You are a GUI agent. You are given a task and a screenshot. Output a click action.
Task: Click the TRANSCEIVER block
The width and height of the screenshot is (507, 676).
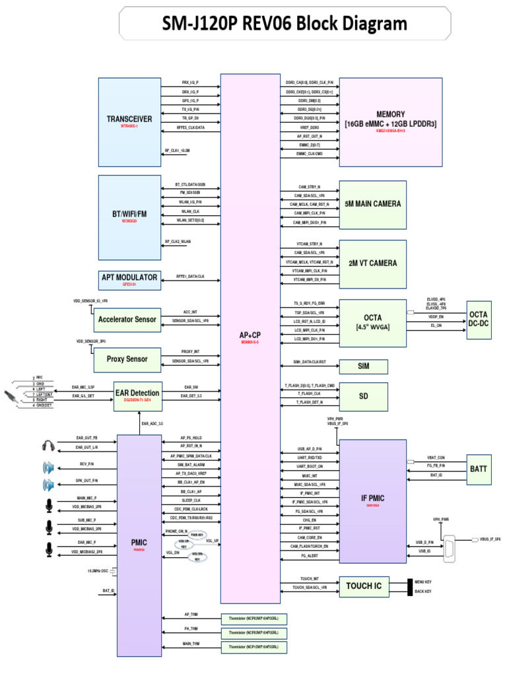(x=129, y=121)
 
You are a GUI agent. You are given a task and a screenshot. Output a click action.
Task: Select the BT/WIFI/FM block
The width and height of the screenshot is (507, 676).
(x=129, y=215)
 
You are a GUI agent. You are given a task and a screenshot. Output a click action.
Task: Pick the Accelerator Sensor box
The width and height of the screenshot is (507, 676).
(x=127, y=320)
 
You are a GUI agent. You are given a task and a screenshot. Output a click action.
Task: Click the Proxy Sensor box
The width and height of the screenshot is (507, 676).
(x=127, y=360)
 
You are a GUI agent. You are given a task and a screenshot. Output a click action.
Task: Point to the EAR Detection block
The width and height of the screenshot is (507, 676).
(x=137, y=395)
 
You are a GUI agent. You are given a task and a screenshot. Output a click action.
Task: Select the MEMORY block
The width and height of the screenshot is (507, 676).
(x=391, y=121)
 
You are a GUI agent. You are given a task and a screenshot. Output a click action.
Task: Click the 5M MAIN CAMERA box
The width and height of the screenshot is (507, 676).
(x=372, y=204)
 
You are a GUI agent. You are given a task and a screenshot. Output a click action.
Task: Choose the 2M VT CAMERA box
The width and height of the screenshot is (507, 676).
(x=372, y=263)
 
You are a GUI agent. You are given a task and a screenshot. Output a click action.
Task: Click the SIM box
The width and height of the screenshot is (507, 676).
(x=363, y=366)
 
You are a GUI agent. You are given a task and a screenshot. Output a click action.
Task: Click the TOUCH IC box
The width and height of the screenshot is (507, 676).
(x=362, y=586)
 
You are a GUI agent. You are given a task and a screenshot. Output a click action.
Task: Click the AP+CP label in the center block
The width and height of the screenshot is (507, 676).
(x=250, y=335)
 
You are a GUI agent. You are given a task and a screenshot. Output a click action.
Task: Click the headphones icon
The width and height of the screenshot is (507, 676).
(x=47, y=443)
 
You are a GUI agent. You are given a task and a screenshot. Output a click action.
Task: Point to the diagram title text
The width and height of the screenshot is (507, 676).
(x=285, y=24)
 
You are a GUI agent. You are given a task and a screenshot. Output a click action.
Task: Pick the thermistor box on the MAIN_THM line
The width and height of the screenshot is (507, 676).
(x=254, y=648)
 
